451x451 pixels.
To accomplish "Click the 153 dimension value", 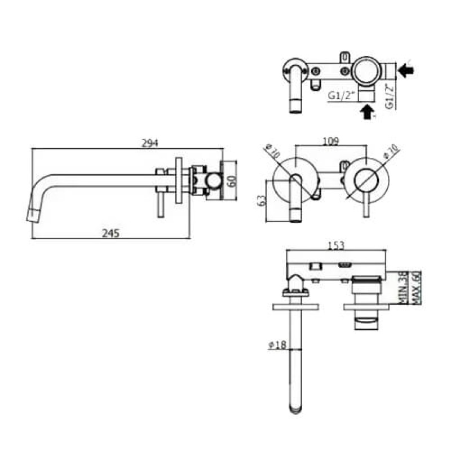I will pos(335,245).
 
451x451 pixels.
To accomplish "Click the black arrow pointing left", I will pos(406,70).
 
